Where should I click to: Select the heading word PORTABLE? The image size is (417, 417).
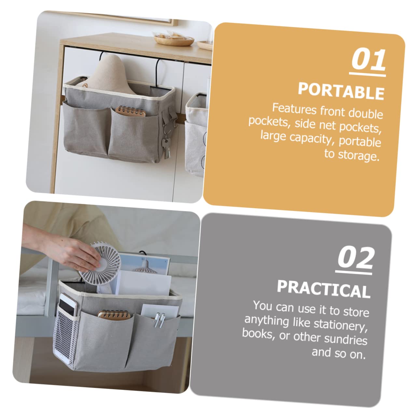click(x=341, y=90)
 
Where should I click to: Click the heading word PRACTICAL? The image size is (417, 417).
click(x=324, y=288)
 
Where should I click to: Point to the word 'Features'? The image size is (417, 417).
click(x=294, y=108)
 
